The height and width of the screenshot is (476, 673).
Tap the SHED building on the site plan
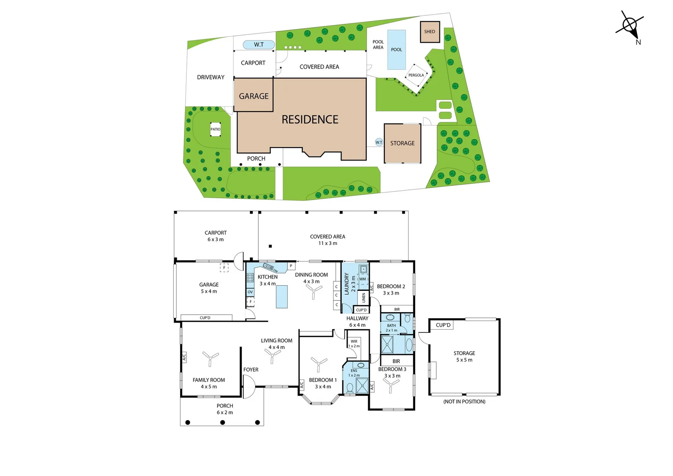point(430,32)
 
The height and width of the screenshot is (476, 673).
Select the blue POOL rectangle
point(396,49)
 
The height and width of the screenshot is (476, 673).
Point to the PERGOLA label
point(416,75)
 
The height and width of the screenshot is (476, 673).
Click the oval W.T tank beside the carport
point(259,45)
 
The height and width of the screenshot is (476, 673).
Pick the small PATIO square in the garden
point(215,129)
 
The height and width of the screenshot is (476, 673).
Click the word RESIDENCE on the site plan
point(310,119)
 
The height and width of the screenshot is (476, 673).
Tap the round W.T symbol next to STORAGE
point(379,142)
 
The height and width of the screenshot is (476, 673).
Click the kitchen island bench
point(282,297)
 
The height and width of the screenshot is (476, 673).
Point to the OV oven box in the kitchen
point(250,292)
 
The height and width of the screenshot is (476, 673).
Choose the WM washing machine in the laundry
point(363,279)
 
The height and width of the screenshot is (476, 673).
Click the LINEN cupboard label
point(364,297)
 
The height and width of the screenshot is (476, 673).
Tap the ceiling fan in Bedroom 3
point(391,385)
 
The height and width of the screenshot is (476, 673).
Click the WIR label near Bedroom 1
point(354,342)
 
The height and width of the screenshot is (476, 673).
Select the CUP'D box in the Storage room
point(443,325)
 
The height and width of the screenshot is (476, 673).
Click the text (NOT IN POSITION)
point(464,402)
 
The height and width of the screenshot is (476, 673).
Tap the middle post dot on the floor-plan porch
point(223,422)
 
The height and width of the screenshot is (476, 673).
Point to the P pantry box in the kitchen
point(291,266)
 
